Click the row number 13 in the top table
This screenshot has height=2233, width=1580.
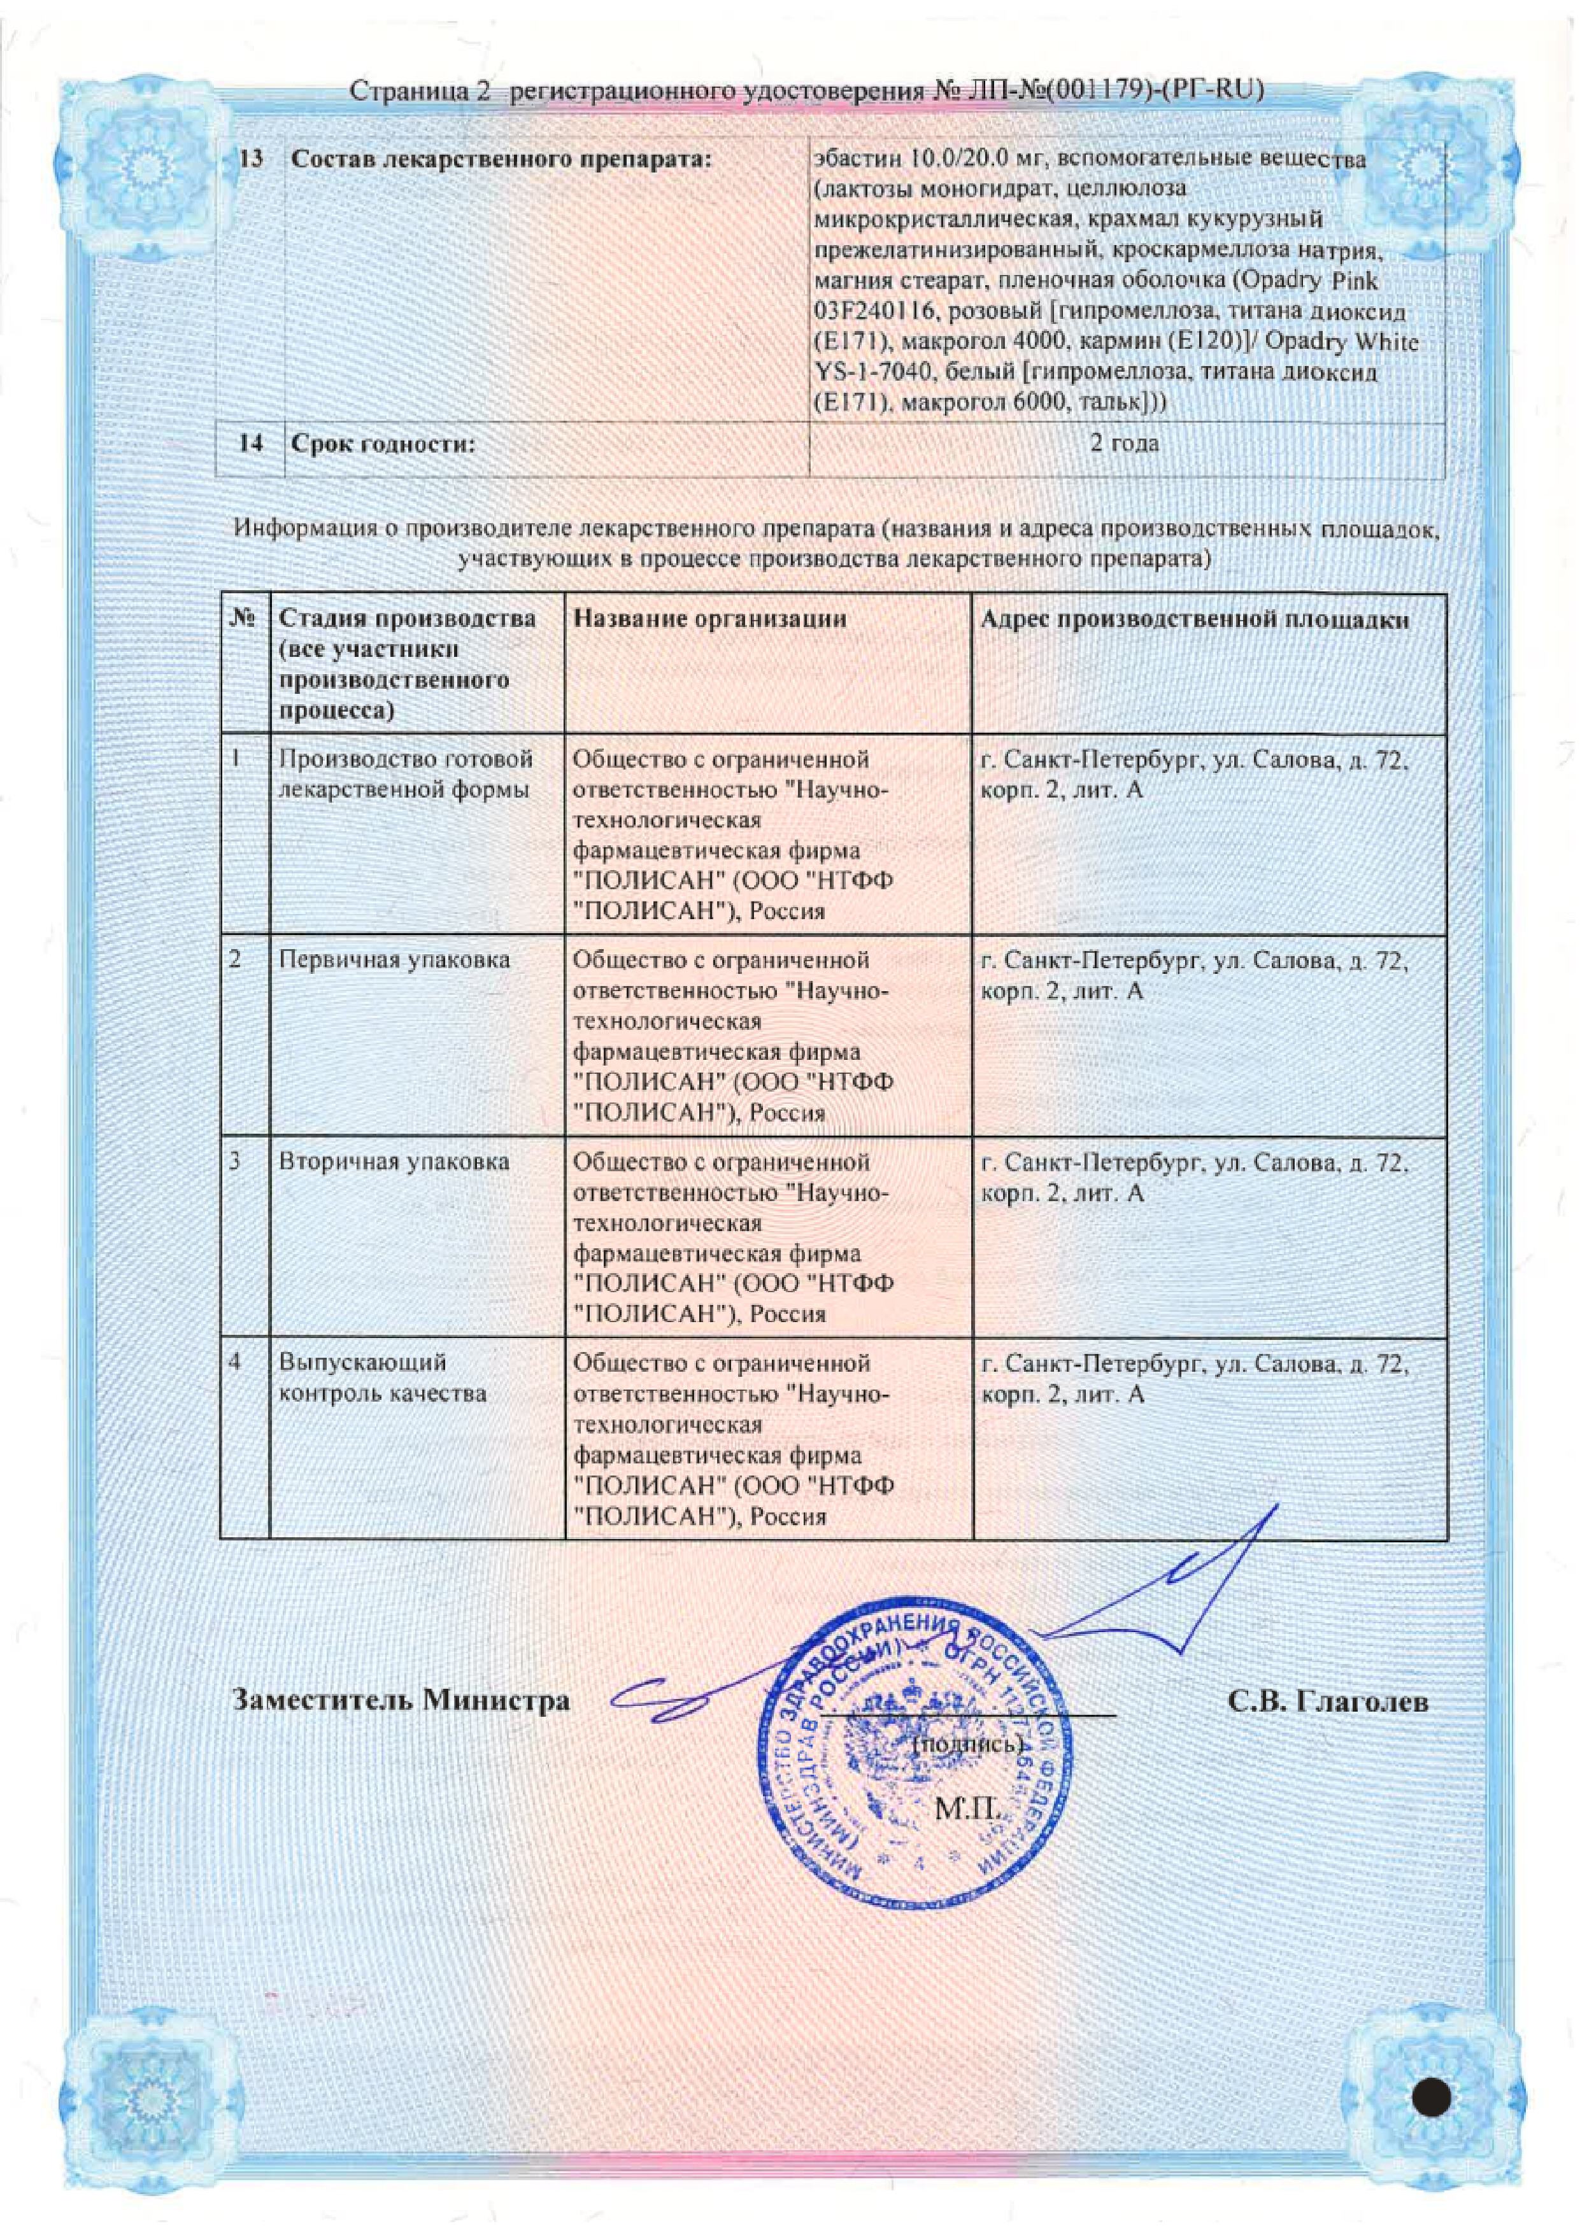(x=251, y=158)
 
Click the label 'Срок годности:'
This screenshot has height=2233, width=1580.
(x=383, y=444)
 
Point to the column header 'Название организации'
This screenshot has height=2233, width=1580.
(x=709, y=619)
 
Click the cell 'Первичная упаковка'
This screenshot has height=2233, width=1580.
(x=394, y=960)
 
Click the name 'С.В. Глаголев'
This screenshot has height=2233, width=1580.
(x=1327, y=1701)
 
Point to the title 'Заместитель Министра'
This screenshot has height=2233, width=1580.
(x=401, y=1700)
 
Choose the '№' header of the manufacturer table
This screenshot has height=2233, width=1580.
(x=244, y=619)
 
